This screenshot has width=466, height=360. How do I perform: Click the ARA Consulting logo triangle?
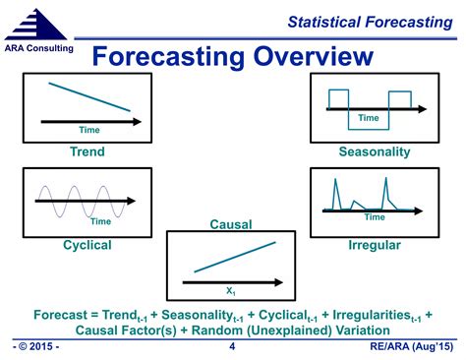[x=38, y=24]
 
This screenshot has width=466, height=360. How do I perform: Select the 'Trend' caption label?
[x=87, y=152]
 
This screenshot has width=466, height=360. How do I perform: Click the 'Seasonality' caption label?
[x=375, y=152]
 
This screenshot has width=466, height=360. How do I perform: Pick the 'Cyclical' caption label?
[x=87, y=244]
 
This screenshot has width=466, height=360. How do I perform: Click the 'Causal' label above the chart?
[x=231, y=225]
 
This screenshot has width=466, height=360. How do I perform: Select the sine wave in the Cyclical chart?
[x=79, y=201]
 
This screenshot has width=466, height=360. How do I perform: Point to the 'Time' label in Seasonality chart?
[x=368, y=118]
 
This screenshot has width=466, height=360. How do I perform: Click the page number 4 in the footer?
[x=232, y=347]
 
